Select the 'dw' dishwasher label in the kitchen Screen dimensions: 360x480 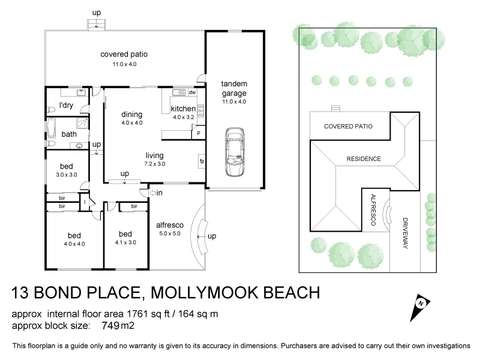point(192,93)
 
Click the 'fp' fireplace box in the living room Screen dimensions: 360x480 point(201,161)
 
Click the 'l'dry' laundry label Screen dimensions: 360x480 point(65,106)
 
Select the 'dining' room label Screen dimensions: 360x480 point(131,115)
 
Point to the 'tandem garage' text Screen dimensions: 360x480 point(234,89)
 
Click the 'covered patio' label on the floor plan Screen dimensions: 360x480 point(124,55)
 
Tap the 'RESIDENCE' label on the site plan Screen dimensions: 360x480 point(364,159)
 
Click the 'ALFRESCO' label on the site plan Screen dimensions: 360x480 point(373,210)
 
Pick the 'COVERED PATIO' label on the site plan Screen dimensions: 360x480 point(348,127)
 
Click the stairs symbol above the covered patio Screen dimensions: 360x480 point(95,24)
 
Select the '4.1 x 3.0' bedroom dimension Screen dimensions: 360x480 point(125,242)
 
